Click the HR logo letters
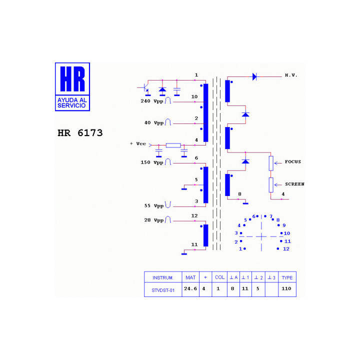click(72, 79)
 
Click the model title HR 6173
click(80, 133)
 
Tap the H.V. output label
click(291, 75)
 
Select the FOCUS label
click(292, 161)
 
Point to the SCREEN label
click(294, 184)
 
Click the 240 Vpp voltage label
click(152, 101)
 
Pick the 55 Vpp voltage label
click(154, 205)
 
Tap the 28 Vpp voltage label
click(154, 220)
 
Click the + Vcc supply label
click(138, 143)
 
